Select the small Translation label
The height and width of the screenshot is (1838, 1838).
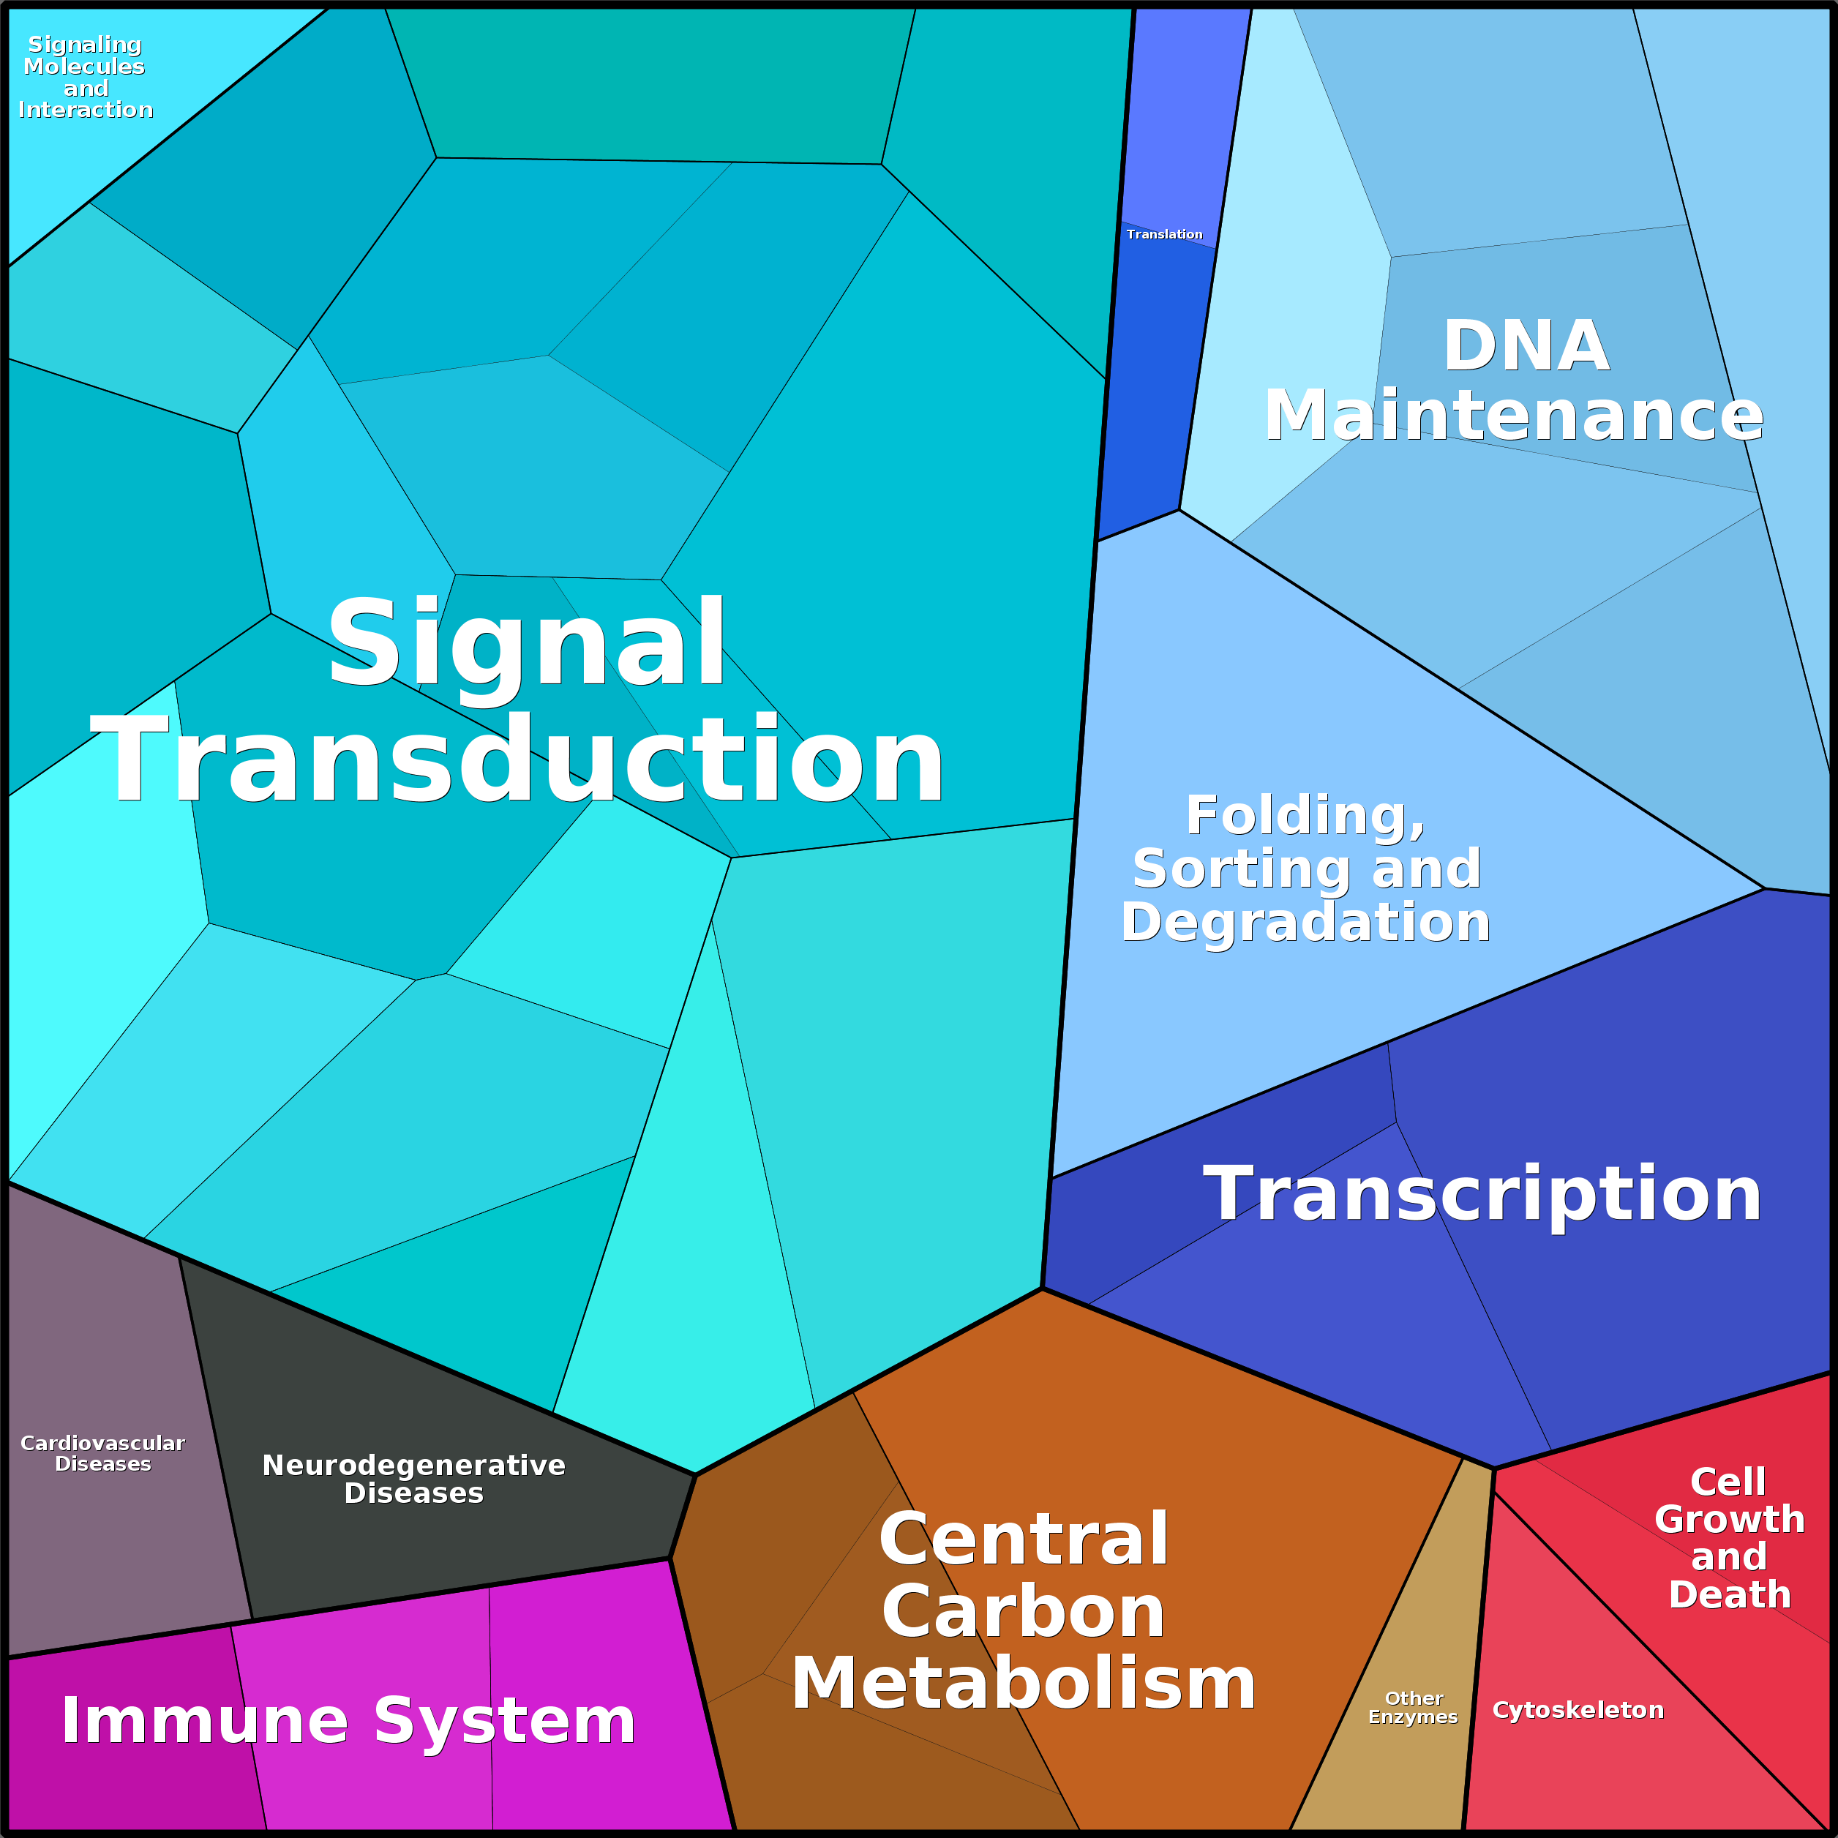click(x=1163, y=234)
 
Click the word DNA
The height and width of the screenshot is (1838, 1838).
click(x=1526, y=345)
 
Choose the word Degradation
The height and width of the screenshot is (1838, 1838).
click(x=1305, y=922)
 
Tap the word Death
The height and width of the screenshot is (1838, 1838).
click(x=1730, y=1594)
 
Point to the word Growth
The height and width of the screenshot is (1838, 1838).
click(x=1730, y=1519)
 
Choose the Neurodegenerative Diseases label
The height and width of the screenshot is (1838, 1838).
click(x=414, y=1479)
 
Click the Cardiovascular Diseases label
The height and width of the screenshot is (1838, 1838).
click(x=102, y=1452)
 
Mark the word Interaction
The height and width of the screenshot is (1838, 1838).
click(x=86, y=110)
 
